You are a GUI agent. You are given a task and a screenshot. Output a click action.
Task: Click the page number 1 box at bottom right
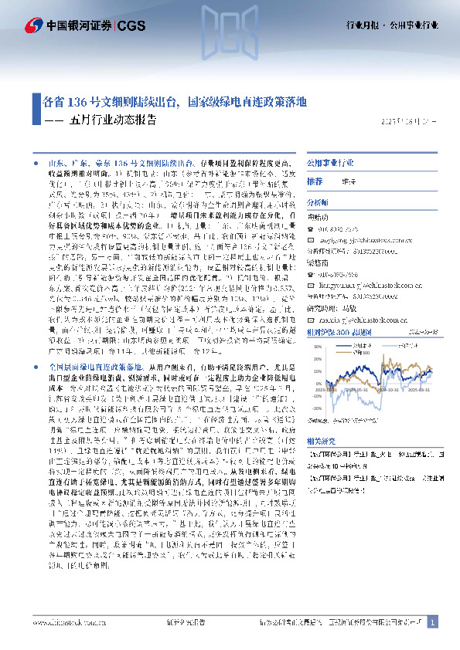coord(432,622)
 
